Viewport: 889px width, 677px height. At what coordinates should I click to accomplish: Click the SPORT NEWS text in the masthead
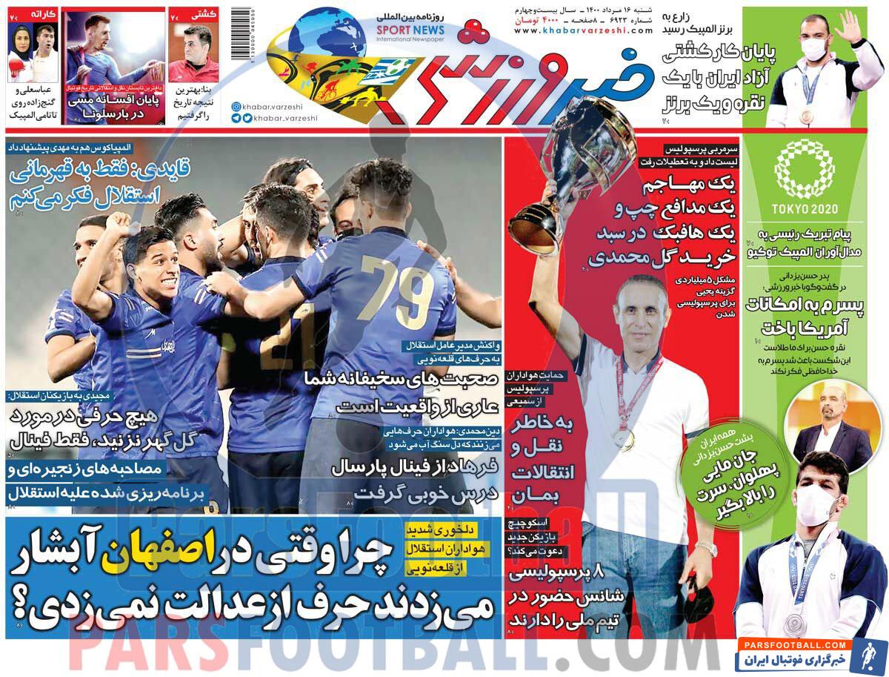pyautogui.click(x=399, y=29)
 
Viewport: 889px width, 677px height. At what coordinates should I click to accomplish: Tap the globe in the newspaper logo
pyautogui.click(x=319, y=41)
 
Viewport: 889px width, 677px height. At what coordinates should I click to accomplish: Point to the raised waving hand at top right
pyautogui.click(x=848, y=26)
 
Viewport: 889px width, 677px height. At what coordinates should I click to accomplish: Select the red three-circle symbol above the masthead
pyautogui.click(x=471, y=30)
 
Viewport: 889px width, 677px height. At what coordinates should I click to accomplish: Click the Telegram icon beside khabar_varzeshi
pyautogui.click(x=236, y=118)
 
